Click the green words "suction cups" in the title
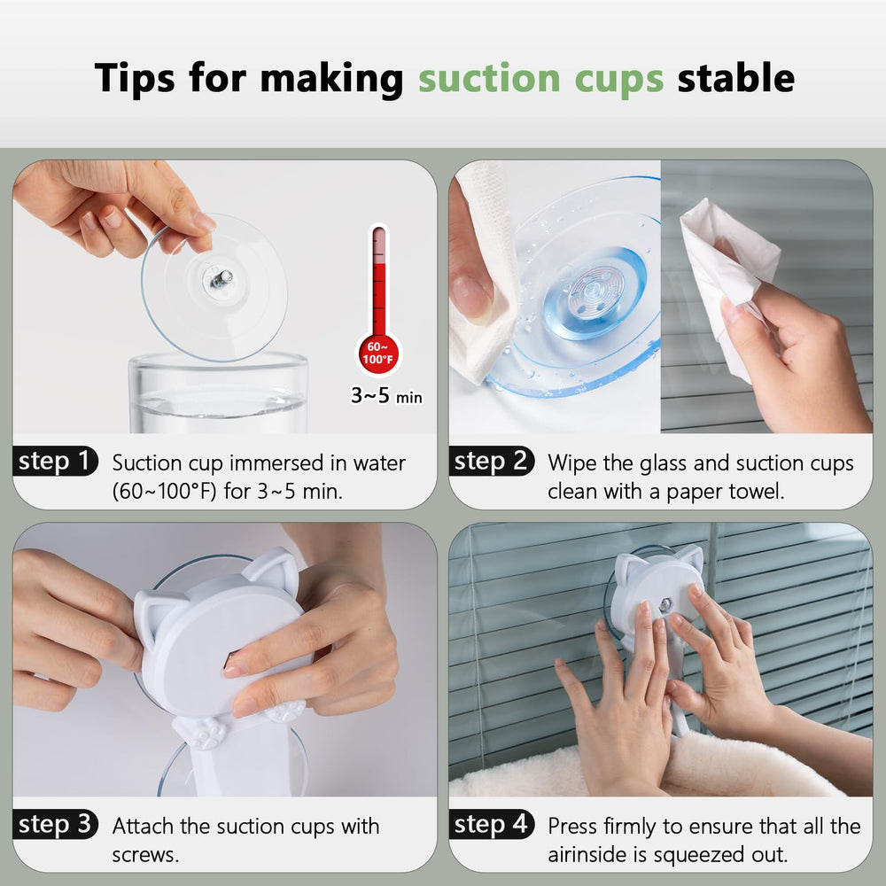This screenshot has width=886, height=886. (540, 78)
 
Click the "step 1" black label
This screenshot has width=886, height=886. (55, 462)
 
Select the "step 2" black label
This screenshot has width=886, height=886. (491, 462)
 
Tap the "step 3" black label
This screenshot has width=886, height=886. (55, 825)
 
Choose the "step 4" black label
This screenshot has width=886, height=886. (491, 825)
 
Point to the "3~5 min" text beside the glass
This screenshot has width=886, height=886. (386, 396)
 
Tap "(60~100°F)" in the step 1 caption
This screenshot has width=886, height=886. (164, 491)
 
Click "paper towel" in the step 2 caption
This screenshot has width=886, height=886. (722, 491)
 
